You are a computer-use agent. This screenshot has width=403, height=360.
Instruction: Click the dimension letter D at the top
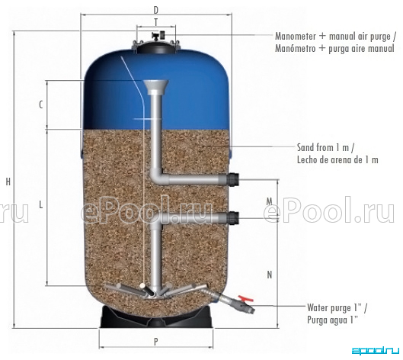156,10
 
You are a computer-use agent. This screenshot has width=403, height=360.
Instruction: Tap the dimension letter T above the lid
156,23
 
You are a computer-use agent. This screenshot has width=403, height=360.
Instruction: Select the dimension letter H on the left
8,182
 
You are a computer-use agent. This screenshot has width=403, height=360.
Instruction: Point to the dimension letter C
41,104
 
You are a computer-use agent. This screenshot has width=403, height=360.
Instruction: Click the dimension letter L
40,205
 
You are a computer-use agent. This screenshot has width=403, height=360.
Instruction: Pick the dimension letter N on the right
270,275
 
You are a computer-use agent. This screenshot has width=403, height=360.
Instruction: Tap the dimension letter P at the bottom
156,342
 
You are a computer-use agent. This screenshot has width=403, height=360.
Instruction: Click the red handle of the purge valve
246,298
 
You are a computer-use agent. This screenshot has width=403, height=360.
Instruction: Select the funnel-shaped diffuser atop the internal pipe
156,87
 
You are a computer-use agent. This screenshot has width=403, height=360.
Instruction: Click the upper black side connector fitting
234,179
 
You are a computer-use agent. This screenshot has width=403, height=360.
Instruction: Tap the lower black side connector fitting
234,218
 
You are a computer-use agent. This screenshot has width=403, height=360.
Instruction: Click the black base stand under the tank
156,317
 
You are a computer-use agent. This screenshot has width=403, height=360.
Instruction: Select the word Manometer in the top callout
296,37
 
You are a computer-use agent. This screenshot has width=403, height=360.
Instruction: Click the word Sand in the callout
305,147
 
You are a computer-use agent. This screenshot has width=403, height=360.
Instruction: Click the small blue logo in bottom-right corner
376,351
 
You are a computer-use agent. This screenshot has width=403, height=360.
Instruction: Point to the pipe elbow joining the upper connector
157,176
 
